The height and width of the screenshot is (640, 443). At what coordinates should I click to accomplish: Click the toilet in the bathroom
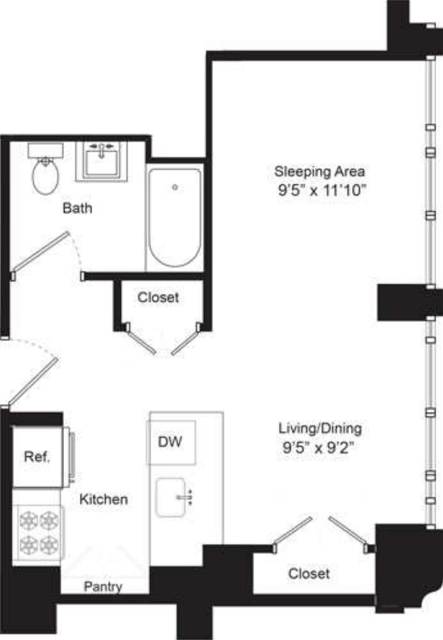pyautogui.click(x=45, y=176)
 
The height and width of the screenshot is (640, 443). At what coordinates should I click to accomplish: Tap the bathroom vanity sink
pyautogui.click(x=101, y=163)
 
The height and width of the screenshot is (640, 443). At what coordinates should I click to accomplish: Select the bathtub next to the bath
pyautogui.click(x=175, y=218)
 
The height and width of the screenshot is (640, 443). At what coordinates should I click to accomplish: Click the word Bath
pyautogui.click(x=77, y=208)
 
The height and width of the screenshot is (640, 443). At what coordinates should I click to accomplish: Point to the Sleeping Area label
pyautogui.click(x=320, y=170)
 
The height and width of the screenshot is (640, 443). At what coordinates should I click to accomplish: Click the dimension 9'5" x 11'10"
pyautogui.click(x=321, y=190)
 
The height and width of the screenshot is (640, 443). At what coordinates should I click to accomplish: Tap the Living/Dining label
pyautogui.click(x=320, y=427)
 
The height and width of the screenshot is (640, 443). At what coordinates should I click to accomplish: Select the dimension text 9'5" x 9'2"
pyautogui.click(x=320, y=447)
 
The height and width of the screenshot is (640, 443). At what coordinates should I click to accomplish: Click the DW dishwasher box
pyautogui.click(x=171, y=442)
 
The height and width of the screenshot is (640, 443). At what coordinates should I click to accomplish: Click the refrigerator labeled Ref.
pyautogui.click(x=37, y=457)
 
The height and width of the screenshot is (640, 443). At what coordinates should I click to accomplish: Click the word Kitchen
pyautogui.click(x=104, y=499)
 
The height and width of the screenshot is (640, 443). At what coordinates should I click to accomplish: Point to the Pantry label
pyautogui.click(x=103, y=587)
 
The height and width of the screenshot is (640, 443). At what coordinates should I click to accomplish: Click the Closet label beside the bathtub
pyautogui.click(x=159, y=297)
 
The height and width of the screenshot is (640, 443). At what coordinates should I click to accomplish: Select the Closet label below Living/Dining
pyautogui.click(x=309, y=574)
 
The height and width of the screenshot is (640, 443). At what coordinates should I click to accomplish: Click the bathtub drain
pyautogui.click(x=175, y=187)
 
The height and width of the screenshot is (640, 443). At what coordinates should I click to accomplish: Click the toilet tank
pyautogui.click(x=45, y=149)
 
